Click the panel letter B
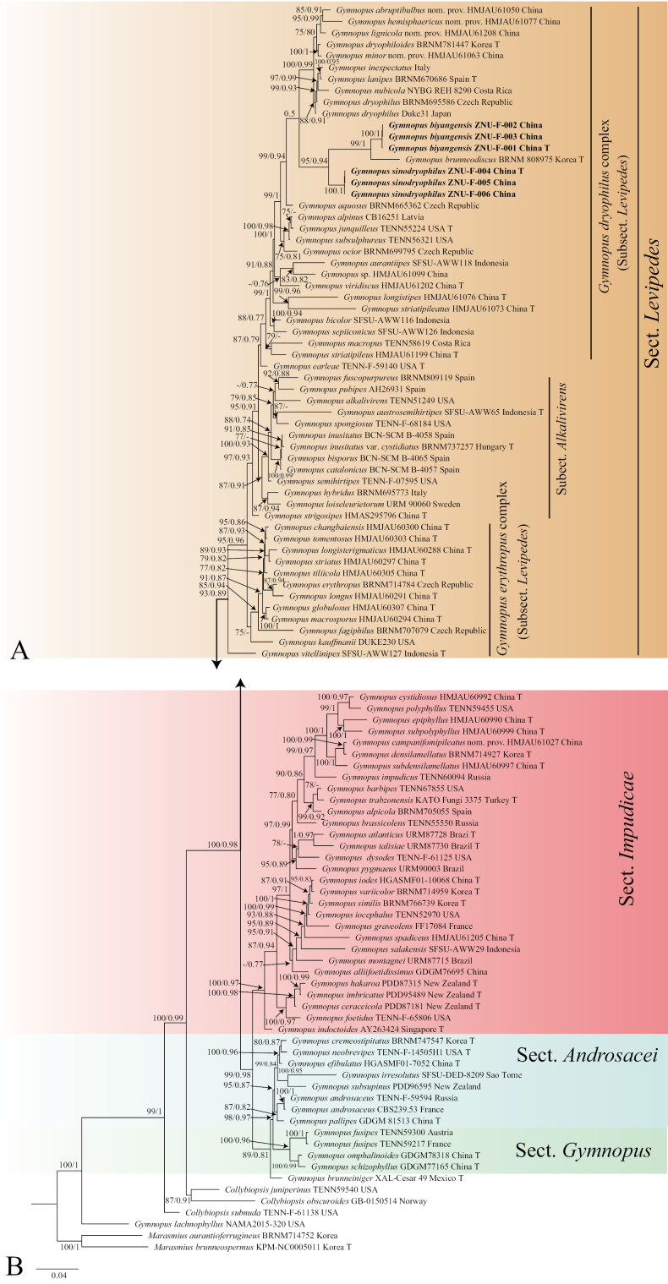pyautogui.click(x=14, y=1264)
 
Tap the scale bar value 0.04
pyautogui.click(x=57, y=1274)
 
